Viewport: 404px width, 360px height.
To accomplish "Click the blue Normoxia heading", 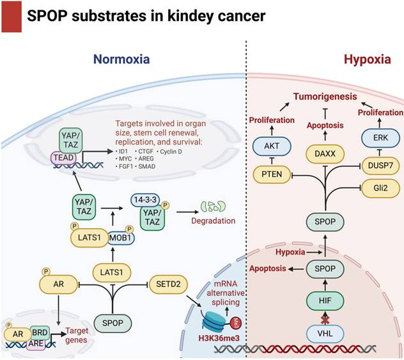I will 122,59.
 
